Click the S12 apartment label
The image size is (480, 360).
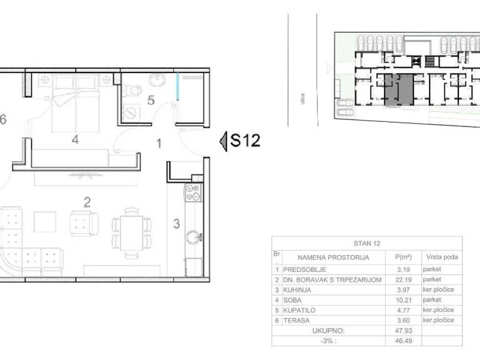245,140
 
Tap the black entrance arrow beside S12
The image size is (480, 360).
224,141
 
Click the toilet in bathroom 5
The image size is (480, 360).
133,90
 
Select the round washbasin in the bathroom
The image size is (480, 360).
157,80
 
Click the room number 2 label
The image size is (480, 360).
87,202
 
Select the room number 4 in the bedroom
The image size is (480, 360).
75,140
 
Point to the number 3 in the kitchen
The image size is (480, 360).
176,224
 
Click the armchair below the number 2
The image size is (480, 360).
84,224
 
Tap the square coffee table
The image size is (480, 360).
45,222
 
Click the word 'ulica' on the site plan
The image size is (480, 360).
302,99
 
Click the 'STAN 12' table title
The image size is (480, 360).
367,243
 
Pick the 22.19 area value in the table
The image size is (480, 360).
404,279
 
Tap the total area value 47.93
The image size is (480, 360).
404,330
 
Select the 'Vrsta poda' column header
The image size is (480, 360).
442,257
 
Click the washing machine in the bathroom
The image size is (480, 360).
131,113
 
